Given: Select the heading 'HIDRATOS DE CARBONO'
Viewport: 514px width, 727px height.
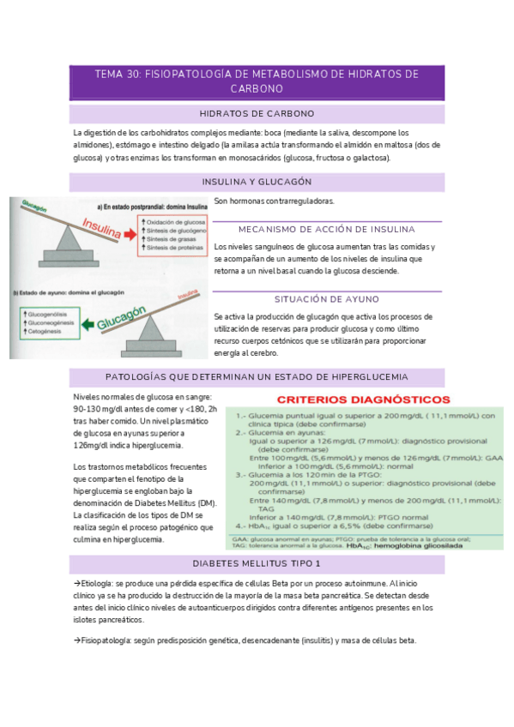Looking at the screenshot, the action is pyautogui.click(x=257, y=113).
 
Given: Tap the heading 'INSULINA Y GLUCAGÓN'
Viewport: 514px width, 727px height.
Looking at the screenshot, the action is pyautogui.click(x=257, y=182).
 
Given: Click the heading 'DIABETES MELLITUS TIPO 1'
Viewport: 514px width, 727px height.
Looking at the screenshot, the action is pyautogui.click(x=257, y=563).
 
